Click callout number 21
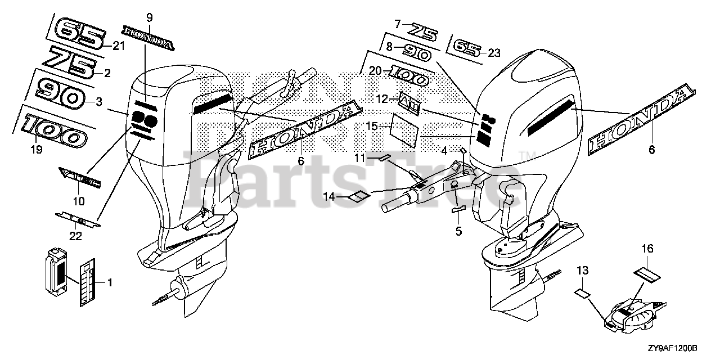pyautogui.click(x=118, y=46)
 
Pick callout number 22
pyautogui.click(x=75, y=236)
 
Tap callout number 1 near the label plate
pyautogui.click(x=110, y=283)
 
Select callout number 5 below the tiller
pyautogui.click(x=458, y=231)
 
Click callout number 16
pyautogui.click(x=647, y=247)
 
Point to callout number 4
pyautogui.click(x=444, y=151)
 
